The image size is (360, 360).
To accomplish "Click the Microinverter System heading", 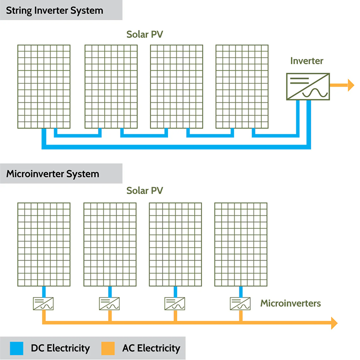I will pos(52,174).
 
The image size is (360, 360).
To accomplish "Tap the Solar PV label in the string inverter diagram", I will pos(144,34).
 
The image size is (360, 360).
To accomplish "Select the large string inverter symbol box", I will pos(307,86).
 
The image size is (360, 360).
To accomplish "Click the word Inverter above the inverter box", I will pos(306,61).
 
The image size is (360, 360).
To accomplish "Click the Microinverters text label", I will pos(290,303).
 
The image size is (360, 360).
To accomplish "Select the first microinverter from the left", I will pos(44,303).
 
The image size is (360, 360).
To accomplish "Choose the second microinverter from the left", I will pos(109,303).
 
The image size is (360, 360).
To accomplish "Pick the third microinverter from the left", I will pos(175,303).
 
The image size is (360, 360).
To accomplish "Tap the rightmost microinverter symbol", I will pos(240,303).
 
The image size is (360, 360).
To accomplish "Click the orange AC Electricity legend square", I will pos(108,348).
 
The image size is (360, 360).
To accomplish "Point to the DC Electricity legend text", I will pos(60,348).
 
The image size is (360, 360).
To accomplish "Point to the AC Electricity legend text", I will pos(151,348).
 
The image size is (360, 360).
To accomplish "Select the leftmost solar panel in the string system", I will pos(44,86).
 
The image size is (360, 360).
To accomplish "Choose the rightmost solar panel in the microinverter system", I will pos(240,244).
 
